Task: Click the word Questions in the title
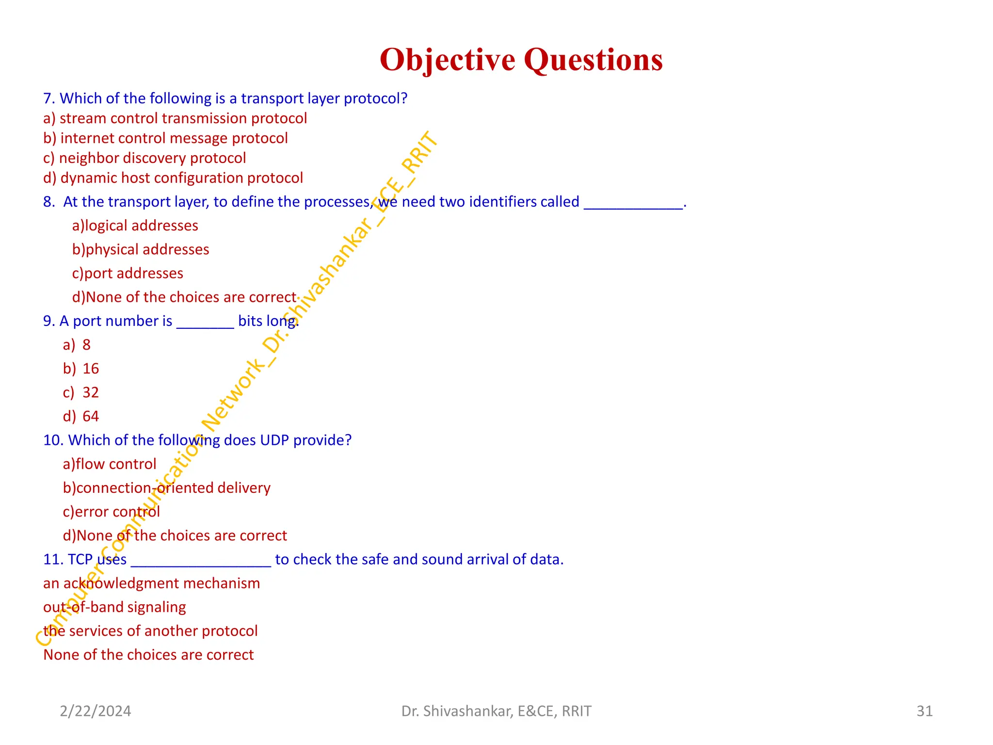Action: [x=593, y=60]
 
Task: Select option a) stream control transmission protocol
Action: [x=175, y=118]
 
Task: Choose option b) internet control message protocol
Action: [x=165, y=138]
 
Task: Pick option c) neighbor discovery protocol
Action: [x=144, y=158]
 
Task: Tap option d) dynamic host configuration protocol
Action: [x=173, y=178]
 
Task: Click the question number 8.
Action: [x=49, y=202]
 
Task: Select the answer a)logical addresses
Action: [x=135, y=226]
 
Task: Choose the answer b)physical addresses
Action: [x=141, y=249]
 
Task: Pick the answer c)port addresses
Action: [x=128, y=273]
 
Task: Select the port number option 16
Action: [x=91, y=369]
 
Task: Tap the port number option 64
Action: [x=91, y=416]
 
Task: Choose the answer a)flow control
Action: [x=110, y=464]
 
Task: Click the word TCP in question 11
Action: [x=80, y=559]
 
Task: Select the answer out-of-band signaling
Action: [x=114, y=607]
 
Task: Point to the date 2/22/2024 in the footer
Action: [x=96, y=711]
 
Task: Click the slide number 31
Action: [x=924, y=711]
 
